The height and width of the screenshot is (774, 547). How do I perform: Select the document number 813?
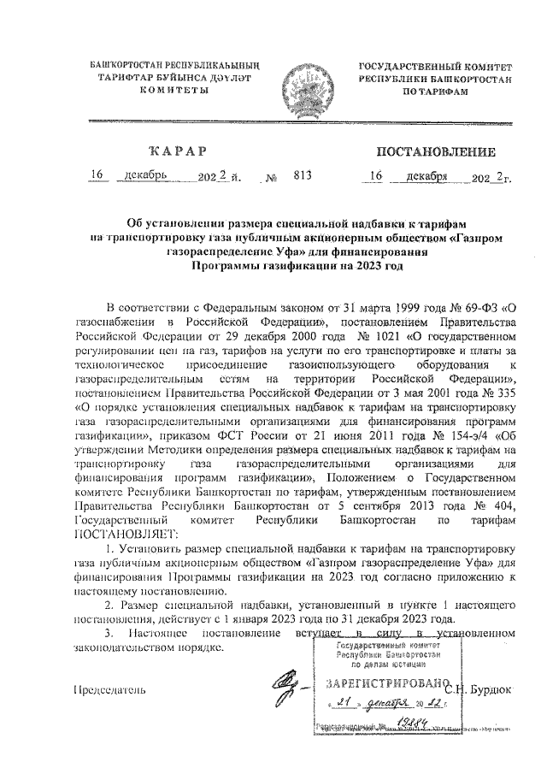point(300,177)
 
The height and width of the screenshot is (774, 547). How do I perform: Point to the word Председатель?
point(109,689)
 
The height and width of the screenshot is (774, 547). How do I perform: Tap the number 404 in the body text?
point(506,505)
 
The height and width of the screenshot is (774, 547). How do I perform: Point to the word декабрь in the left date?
point(144,177)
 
